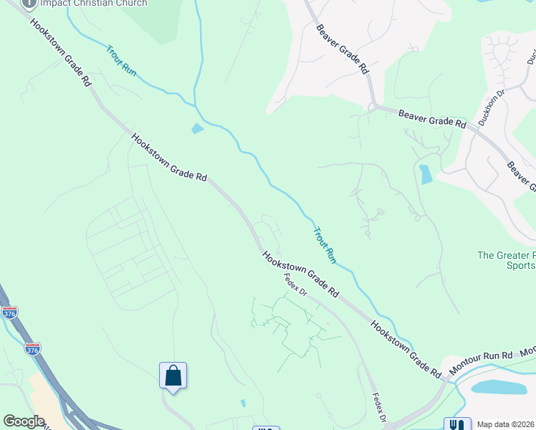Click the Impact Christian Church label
[93, 4]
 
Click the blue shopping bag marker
[173, 375]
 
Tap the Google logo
[24, 421]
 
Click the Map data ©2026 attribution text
[505, 424]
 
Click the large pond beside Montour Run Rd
[498, 388]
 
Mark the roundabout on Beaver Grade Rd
[372, 107]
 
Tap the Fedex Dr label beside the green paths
[295, 286]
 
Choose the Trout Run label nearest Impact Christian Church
[120, 61]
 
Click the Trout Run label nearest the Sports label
[325, 244]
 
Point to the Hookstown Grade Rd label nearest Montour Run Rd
[405, 350]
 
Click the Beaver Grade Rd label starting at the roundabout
[431, 118]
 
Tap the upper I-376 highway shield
[9, 313]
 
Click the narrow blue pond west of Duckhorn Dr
[426, 174]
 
